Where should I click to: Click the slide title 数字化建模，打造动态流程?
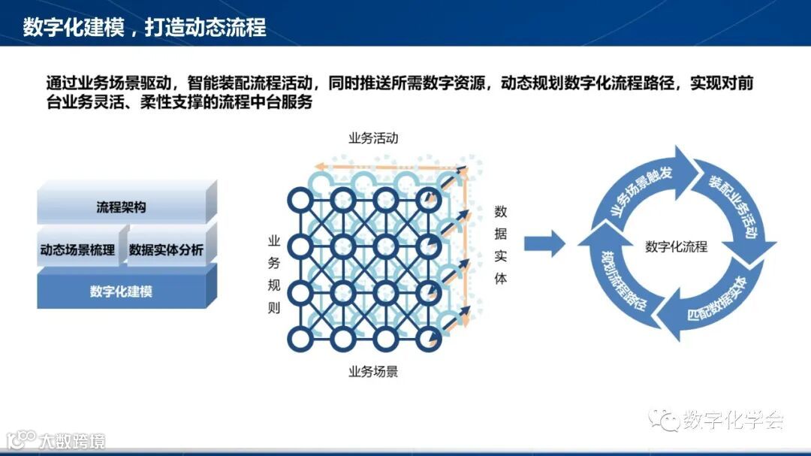pos(145,28)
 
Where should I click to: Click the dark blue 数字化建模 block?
pos(121,291)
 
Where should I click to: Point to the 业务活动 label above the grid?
pos(372,138)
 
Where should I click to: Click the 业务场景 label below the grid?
pos(372,371)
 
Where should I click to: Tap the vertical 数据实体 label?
pos(501,245)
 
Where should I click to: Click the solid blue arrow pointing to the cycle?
pos(544,243)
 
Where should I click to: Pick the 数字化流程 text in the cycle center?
pos(676,246)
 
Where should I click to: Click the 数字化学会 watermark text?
pos(733,420)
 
